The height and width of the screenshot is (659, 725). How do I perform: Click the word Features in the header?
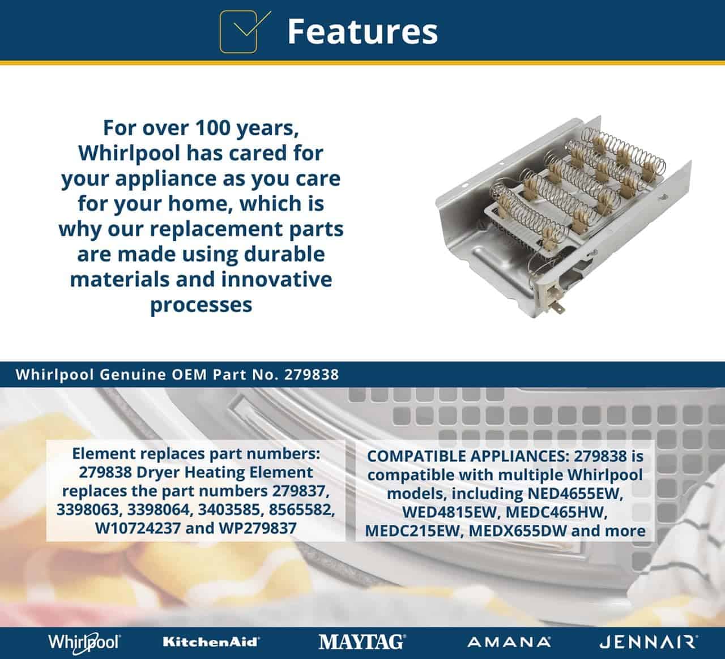[362, 32]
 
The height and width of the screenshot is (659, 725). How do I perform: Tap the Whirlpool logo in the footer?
[84, 643]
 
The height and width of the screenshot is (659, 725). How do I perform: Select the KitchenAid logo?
[211, 642]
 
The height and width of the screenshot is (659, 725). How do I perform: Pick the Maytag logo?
[362, 642]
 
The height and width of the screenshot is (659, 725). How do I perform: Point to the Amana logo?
[509, 643]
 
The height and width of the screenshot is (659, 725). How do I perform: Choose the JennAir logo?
[649, 643]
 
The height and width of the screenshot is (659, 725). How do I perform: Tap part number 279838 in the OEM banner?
[312, 375]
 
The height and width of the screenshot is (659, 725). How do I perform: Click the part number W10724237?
[138, 528]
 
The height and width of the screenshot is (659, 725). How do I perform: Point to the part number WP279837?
[258, 528]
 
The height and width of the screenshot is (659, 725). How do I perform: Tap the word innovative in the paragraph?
[276, 279]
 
